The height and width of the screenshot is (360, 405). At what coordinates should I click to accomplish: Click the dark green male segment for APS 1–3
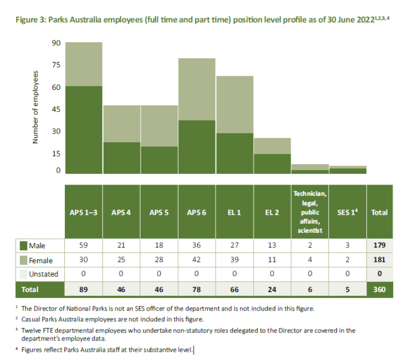coord(84,130)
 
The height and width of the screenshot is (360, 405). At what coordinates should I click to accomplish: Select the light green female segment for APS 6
coord(197,89)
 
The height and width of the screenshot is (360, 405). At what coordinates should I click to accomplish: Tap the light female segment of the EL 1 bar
coord(235,105)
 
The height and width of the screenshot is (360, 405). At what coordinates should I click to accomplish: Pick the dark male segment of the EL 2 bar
coord(272,164)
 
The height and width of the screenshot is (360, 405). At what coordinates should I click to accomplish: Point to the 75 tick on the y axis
coord(56,65)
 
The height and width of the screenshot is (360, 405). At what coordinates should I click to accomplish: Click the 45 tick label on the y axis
coord(56,109)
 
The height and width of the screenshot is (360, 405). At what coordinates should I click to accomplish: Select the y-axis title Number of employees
coord(35,107)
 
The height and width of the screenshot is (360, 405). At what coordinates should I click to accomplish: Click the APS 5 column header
coord(159,212)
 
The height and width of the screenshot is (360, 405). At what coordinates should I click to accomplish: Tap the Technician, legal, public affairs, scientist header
coord(310,212)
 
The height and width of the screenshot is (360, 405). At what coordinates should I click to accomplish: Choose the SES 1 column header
coord(347,212)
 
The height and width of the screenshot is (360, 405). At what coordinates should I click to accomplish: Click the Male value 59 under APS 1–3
coord(83,245)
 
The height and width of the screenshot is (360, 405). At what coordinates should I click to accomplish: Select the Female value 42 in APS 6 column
coord(197,259)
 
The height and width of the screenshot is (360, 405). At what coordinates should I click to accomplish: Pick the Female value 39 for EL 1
coord(235,259)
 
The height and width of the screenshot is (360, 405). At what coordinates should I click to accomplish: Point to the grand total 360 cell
coord(379,289)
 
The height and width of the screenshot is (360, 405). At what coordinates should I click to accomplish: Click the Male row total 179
coord(379,245)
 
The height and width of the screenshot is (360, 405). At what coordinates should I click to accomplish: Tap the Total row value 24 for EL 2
coord(272,290)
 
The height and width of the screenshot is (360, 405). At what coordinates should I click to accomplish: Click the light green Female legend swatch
coord(23,261)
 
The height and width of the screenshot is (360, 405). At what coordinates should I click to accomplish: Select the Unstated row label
coord(43,274)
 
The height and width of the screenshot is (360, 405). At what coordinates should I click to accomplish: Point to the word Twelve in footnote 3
coord(31,331)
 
